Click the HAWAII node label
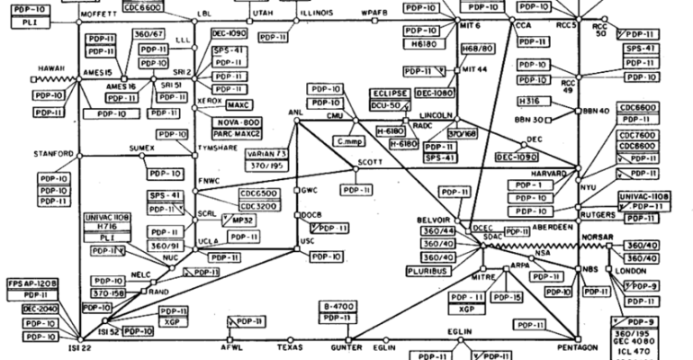(x=55, y=68)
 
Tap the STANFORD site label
(x=52, y=155)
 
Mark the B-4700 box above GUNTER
(x=339, y=307)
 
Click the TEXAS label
(x=291, y=346)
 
